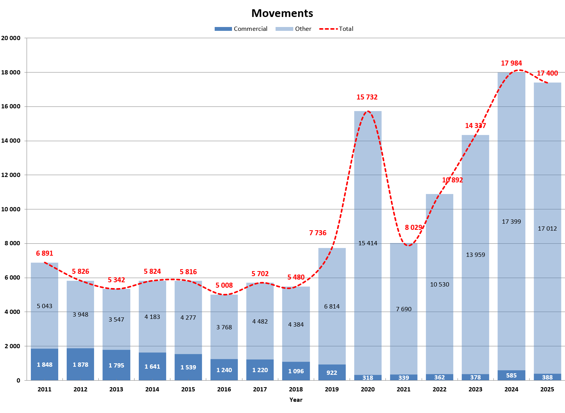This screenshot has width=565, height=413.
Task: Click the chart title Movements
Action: pos(282,13)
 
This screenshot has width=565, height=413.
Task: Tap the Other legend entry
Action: pos(294,29)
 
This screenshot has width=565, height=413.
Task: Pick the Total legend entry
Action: pos(336,29)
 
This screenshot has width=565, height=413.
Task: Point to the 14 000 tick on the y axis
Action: pos(11,141)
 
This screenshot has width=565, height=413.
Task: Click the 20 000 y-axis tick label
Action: pos(11,38)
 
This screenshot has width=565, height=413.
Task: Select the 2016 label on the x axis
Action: pos(224,389)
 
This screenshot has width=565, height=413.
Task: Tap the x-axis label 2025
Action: pos(547,389)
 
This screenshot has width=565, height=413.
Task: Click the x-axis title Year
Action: pos(296,400)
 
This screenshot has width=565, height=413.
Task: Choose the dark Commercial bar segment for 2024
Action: pos(511,375)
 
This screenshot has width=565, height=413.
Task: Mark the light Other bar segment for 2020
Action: pos(368,193)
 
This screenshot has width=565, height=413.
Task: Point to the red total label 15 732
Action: pos(367,97)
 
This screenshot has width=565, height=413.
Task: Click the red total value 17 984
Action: pos(511,63)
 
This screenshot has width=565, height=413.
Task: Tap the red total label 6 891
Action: pos(45,253)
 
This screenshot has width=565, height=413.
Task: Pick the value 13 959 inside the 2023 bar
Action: pos(476,255)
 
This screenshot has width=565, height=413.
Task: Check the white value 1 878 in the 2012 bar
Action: pos(81,365)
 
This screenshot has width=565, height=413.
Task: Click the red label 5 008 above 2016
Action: pos(224,285)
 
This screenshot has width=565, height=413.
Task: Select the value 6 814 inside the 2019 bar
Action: pos(332,307)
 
